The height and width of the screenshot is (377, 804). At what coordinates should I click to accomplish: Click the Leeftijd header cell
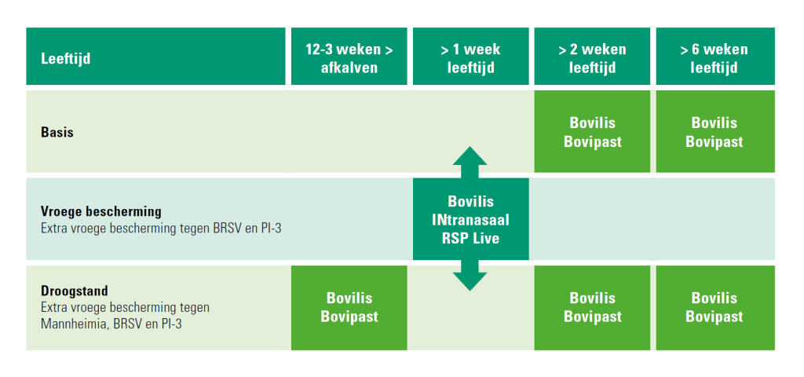tap(155, 56)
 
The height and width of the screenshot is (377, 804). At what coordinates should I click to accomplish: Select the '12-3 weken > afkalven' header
tap(349, 56)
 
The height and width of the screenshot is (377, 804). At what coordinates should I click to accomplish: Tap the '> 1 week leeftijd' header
tap(471, 56)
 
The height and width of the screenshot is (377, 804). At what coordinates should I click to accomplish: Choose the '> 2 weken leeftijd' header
tap(592, 56)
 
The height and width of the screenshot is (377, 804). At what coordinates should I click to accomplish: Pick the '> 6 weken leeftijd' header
tap(715, 56)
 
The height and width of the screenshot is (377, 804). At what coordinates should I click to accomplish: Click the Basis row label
tap(57, 132)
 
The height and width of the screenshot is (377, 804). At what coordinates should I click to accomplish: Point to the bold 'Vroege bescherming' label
tap(101, 211)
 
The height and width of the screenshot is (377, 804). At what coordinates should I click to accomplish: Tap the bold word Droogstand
tap(75, 291)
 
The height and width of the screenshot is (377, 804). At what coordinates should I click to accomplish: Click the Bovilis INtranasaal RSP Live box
tap(471, 219)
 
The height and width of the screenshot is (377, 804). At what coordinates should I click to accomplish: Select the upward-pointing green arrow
tap(470, 162)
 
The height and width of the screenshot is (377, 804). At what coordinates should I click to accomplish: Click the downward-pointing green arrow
tap(470, 276)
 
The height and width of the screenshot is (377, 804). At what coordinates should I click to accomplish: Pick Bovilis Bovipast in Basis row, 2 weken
tap(592, 131)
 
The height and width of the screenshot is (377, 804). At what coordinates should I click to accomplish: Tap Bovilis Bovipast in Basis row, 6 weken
tap(715, 131)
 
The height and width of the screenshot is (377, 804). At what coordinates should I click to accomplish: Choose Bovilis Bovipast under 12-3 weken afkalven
tap(349, 308)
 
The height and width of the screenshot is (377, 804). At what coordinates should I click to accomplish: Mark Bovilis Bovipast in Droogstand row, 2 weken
tap(592, 308)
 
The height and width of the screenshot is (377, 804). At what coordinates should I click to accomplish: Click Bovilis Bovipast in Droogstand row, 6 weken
tap(715, 308)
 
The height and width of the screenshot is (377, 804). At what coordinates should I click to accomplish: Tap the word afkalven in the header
tap(349, 68)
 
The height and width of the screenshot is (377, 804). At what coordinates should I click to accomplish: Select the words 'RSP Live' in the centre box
tap(471, 239)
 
